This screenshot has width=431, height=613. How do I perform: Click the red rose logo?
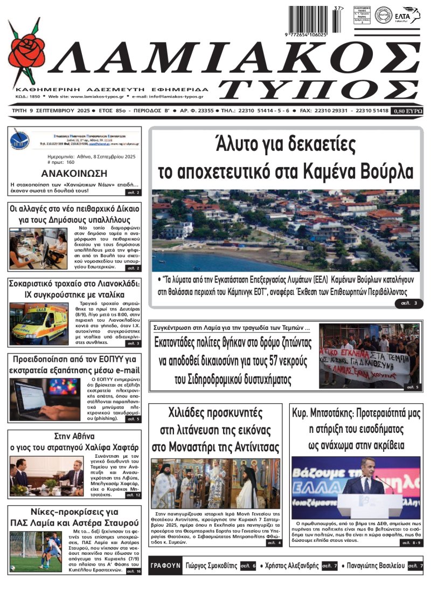coord(28,51)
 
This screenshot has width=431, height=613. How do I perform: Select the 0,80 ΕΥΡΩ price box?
coord(407,111)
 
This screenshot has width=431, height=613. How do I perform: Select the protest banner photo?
coord(369,356)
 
